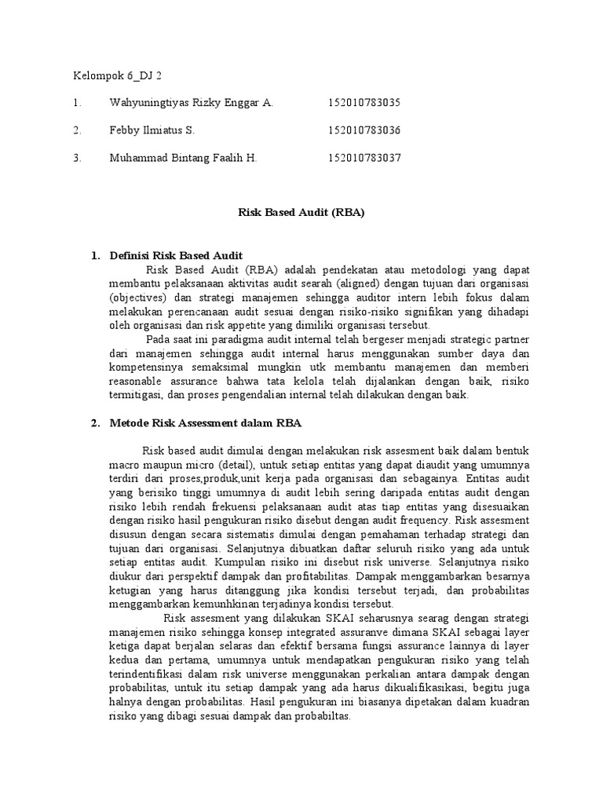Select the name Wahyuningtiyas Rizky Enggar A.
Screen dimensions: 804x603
click(x=192, y=103)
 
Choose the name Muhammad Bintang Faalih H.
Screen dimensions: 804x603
click(x=184, y=158)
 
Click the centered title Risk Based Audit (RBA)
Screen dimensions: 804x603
click(x=301, y=212)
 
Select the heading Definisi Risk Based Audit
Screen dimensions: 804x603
click(x=177, y=256)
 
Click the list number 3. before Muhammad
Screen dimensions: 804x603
click(x=77, y=158)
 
